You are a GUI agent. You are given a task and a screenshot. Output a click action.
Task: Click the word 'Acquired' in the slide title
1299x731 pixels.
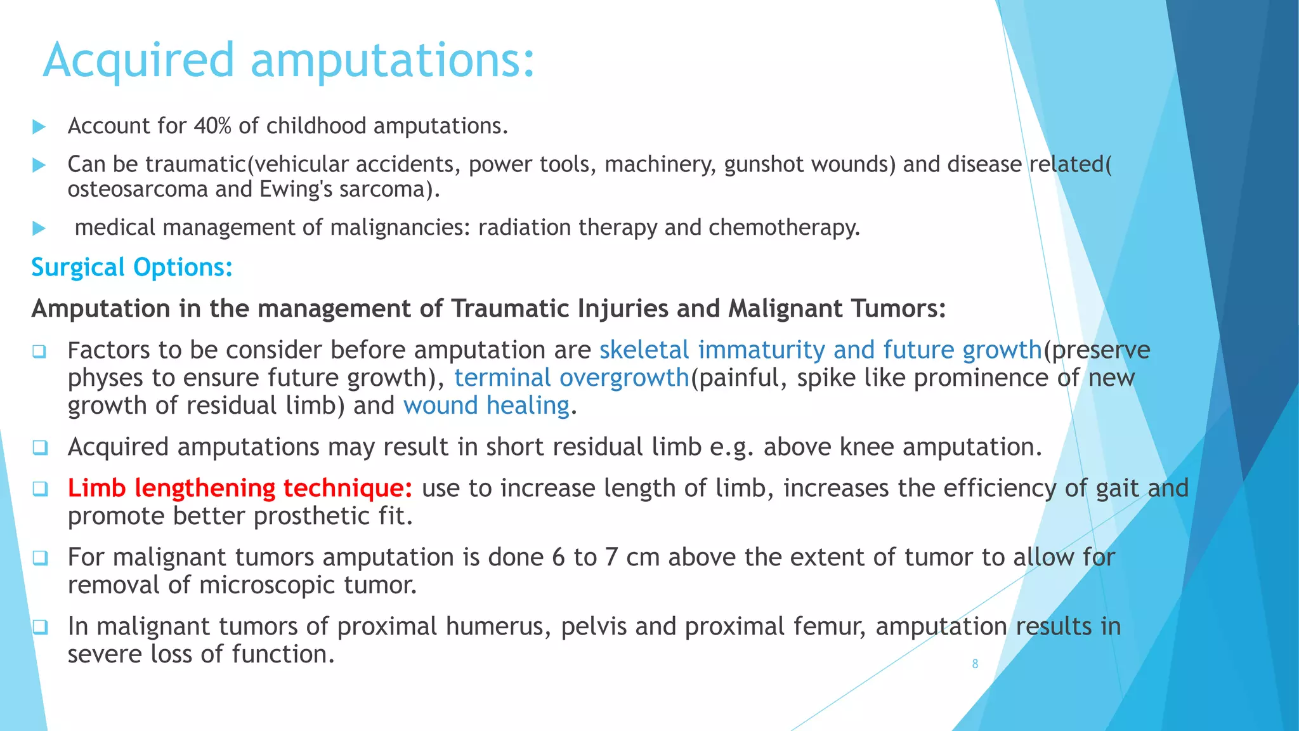coord(139,60)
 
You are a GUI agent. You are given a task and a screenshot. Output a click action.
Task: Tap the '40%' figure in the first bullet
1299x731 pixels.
coord(212,126)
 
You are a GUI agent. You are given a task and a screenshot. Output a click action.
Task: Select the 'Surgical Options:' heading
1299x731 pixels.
coord(132,267)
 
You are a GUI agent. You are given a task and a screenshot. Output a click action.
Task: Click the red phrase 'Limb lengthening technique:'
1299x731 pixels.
coord(240,488)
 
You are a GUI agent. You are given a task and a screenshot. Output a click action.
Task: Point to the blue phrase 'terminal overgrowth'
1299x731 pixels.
coord(571,378)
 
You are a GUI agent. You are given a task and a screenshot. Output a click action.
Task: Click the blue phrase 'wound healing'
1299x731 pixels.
coord(486,405)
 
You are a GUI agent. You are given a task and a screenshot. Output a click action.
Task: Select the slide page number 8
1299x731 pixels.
coord(975,664)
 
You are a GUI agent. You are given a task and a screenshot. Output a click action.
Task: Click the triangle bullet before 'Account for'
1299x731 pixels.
coord(39,127)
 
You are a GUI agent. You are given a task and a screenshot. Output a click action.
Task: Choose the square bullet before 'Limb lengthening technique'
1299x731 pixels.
coord(40,489)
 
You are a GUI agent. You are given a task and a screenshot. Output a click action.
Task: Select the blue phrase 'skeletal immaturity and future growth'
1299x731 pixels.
coord(820,350)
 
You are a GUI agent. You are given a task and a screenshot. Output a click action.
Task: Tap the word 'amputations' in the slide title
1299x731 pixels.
coord(393,60)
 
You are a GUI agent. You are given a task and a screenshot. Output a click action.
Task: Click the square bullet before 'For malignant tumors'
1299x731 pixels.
coord(40,558)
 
